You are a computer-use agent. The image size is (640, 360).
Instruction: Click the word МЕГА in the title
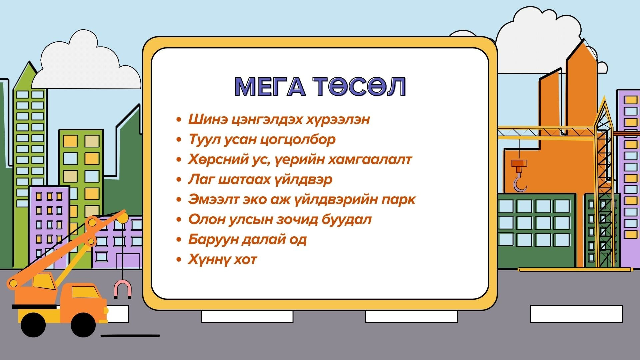pyautogui.click(x=270, y=87)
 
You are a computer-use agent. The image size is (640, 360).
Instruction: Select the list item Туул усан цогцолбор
pyautogui.click(x=262, y=140)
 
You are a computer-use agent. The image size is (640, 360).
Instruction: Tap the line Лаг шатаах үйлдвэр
pyautogui.click(x=260, y=180)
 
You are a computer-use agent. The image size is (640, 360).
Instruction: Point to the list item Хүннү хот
pyautogui.click(x=223, y=259)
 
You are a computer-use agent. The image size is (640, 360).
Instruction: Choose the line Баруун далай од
pyautogui.click(x=247, y=239)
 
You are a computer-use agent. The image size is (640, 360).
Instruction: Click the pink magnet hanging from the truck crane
pyautogui.click(x=123, y=289)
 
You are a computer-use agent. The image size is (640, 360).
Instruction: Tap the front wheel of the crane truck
pyautogui.click(x=83, y=325)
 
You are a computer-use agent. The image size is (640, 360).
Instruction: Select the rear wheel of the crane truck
pyautogui.click(x=33, y=325)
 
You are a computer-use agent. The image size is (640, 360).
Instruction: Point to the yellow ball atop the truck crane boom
pyautogui.click(x=123, y=218)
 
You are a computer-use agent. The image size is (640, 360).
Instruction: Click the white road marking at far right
pyautogui.click(x=576, y=314)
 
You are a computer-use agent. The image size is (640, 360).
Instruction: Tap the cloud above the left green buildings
pyautogui.click(x=86, y=63)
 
